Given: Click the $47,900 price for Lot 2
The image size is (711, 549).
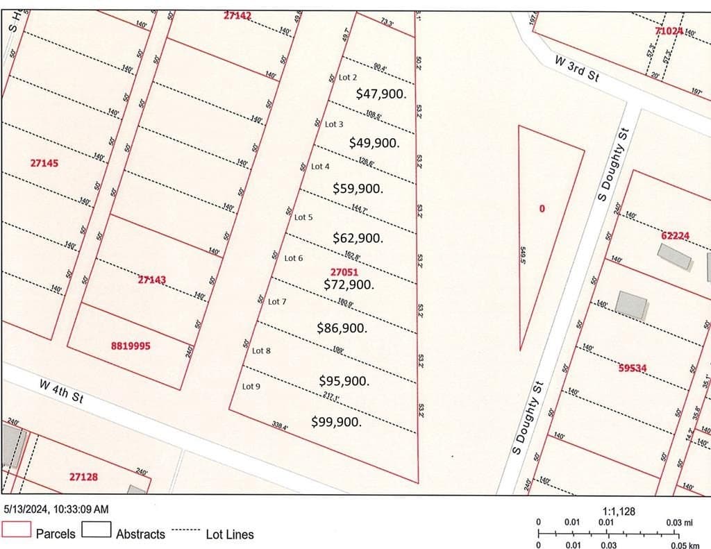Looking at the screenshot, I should coord(380,94).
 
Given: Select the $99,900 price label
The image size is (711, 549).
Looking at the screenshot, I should coord(337,421).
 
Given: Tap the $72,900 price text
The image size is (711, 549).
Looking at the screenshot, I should coord(349,285).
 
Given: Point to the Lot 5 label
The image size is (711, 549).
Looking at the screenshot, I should coord(303,217).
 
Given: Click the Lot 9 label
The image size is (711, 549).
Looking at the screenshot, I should coord(251,387).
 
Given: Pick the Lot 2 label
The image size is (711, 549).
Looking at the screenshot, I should coord(347,78).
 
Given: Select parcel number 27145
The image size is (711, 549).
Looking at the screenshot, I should coord(44,164).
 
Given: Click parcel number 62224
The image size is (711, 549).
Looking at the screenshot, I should coord(675,236).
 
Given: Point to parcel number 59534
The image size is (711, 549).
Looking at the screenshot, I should coord(633,368).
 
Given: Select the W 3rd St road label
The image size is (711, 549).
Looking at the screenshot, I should coord(576,69).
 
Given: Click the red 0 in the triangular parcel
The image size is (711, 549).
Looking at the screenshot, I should coord(542,208).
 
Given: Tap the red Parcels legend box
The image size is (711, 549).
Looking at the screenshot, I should coord(17,530).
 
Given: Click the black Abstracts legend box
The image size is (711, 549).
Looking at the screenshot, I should coord(97,530).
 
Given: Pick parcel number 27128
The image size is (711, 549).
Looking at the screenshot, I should coord(83,477).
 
